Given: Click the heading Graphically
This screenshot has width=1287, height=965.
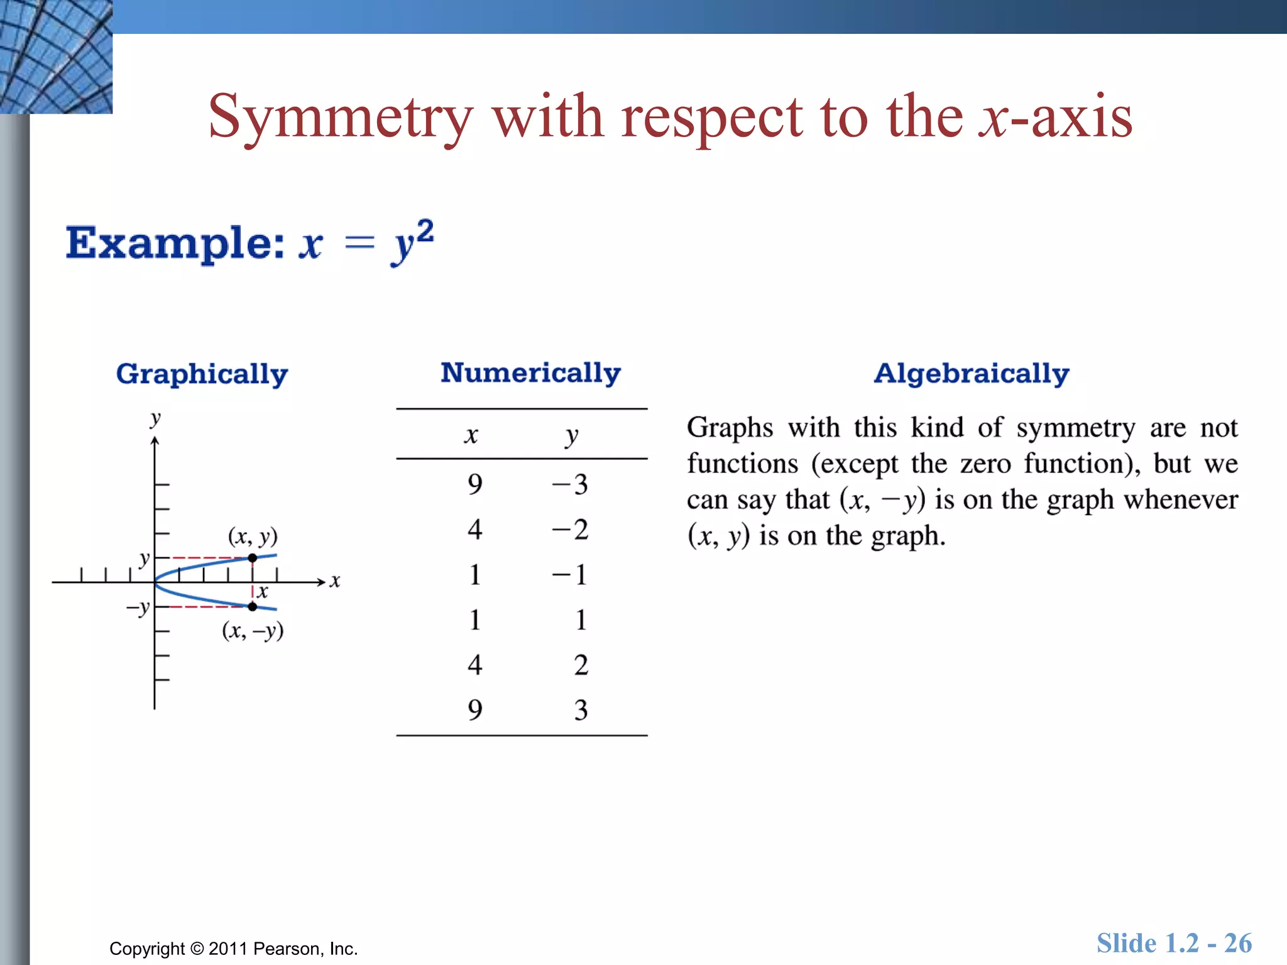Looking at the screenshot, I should (x=202, y=374).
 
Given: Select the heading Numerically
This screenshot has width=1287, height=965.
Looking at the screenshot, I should (x=530, y=373).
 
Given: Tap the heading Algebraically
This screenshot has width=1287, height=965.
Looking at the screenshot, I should (x=972, y=374).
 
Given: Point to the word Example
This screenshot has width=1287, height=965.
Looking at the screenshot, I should (x=175, y=243).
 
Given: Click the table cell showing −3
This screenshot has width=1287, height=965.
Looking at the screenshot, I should (x=570, y=484).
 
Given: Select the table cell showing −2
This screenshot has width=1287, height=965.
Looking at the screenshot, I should (x=570, y=530).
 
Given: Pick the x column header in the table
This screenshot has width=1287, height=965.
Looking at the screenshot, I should (x=471, y=435).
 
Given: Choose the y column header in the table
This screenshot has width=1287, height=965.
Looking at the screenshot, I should (x=571, y=435).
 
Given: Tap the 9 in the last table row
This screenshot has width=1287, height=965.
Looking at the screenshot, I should (x=475, y=710).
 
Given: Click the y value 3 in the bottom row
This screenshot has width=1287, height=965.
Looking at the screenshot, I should (x=581, y=710).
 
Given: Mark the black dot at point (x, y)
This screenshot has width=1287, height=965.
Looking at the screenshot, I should (x=252, y=558).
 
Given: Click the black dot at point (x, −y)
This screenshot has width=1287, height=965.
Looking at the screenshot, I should (x=252, y=606).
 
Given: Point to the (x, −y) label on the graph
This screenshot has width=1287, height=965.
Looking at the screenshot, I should (x=253, y=630).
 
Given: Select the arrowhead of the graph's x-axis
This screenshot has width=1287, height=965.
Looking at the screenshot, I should (x=321, y=582).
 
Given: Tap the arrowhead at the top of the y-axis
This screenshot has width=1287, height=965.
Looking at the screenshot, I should (x=155, y=441).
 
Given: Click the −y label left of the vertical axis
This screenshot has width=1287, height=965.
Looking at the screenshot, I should (x=138, y=608).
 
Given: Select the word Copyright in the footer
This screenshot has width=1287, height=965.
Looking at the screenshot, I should (x=147, y=949).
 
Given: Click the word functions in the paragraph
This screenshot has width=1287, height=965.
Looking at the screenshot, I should (x=742, y=464).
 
